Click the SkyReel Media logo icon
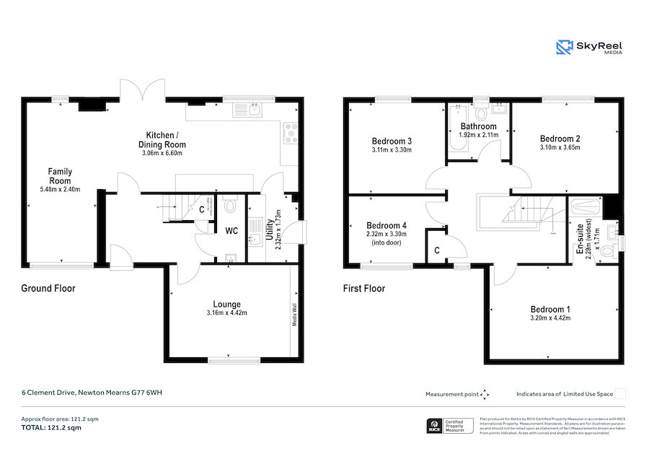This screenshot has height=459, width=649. (x=564, y=48)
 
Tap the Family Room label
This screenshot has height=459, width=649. (x=60, y=175)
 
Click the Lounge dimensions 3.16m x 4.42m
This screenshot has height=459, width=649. (x=226, y=312)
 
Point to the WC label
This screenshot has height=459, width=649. (x=231, y=231)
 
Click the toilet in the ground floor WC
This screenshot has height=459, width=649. (x=231, y=206)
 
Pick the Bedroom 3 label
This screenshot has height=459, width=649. (x=392, y=141)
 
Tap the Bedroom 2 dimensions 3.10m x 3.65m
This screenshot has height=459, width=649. (x=560, y=147)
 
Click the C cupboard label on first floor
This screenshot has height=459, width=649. (x=436, y=250)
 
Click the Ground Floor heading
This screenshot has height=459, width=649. (x=48, y=289)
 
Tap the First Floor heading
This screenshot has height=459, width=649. (x=363, y=289)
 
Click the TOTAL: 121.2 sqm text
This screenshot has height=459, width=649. (x=50, y=428)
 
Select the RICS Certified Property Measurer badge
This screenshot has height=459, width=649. (x=450, y=426)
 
